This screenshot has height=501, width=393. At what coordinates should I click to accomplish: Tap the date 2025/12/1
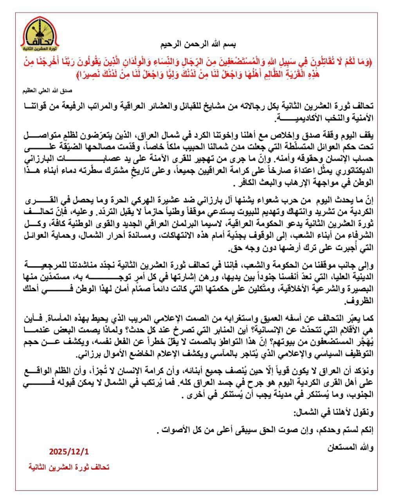click(69, 451)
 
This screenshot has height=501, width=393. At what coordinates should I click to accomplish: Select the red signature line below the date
click(69, 467)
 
